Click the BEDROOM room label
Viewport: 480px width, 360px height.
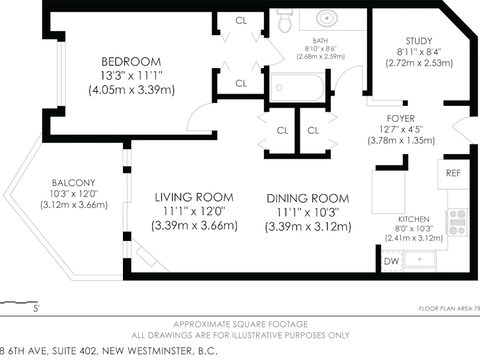pos(131,62)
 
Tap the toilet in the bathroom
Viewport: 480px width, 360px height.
pos(285,21)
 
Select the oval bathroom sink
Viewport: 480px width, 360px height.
pos(327,18)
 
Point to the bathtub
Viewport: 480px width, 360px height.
pos(297,87)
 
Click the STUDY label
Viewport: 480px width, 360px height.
pos(419,41)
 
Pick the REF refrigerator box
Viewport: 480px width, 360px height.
pos(453,174)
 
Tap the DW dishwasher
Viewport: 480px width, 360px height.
pos(391,261)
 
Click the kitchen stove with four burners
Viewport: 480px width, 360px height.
pos(457,222)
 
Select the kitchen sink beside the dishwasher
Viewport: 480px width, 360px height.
pos(419,261)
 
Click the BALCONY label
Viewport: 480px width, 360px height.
pos(73,183)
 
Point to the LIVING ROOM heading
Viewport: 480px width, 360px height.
pos(194,198)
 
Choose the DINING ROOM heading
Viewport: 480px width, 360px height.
pos(308,199)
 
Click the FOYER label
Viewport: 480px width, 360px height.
pos(401,119)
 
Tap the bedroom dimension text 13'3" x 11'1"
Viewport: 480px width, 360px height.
pos(131,75)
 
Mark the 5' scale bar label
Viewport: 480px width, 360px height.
pos(36,308)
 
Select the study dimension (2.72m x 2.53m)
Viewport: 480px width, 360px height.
pos(419,63)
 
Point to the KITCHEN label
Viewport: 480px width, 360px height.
pos(414,219)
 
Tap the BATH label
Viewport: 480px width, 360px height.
pos(320,41)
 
